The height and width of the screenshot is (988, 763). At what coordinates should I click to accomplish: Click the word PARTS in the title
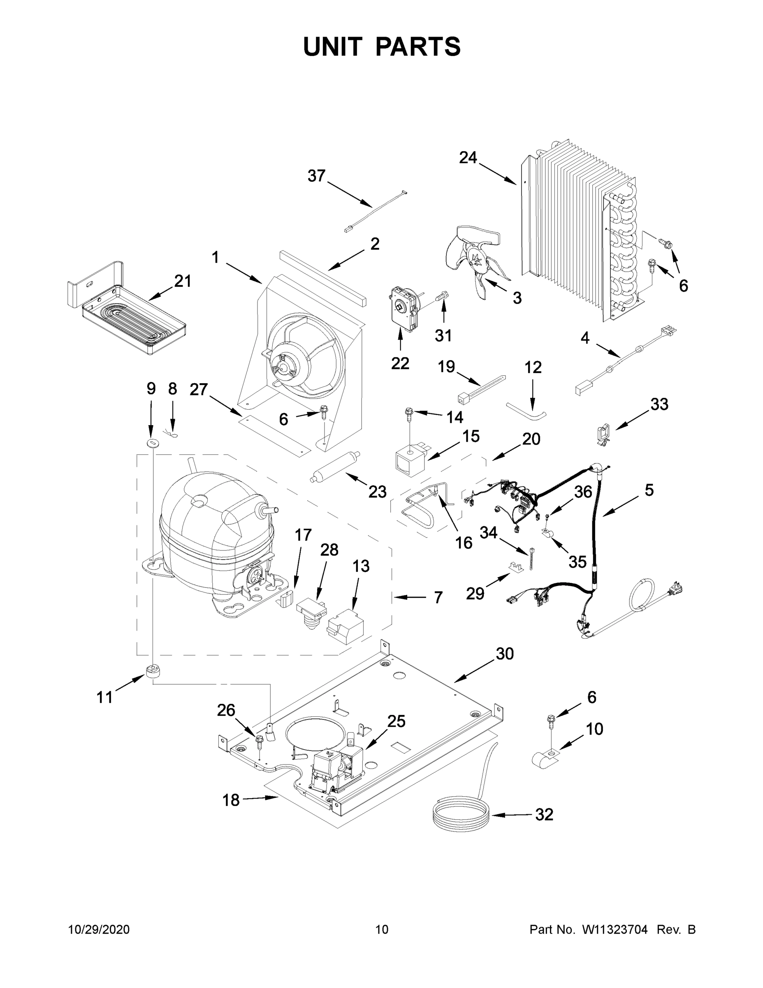coord(418,47)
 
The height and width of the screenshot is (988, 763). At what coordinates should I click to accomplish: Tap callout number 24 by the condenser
coord(468,158)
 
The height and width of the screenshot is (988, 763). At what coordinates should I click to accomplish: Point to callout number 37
coord(316,175)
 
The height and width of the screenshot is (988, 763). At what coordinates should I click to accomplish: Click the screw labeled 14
coord(410,413)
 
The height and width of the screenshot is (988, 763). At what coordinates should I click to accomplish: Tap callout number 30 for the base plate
coord(504,654)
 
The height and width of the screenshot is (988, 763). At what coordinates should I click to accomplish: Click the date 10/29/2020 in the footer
coord(99,930)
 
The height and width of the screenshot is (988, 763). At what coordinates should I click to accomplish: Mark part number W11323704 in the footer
coord(615,930)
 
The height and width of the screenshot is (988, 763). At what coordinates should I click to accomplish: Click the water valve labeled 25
coord(337,767)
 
